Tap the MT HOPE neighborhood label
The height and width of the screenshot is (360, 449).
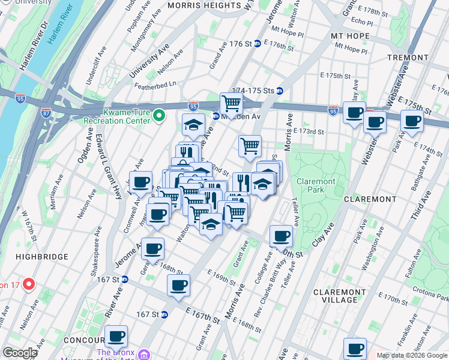tap(348, 36)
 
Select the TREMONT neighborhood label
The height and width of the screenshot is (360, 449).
tap(408, 58)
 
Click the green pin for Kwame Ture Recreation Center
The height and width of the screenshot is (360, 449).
tap(159, 115)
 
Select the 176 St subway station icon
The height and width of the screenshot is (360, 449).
tap(256, 44)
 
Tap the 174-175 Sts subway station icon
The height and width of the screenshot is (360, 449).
tap(279, 91)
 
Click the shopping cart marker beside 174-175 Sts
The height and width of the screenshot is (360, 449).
tap(231, 103)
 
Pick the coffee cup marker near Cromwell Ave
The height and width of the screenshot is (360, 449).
tap(141, 182)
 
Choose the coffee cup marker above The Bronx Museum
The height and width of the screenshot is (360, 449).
tap(116, 336)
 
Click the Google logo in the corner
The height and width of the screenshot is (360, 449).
tap(19, 353)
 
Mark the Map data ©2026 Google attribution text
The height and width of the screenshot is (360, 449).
tap(411, 355)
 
